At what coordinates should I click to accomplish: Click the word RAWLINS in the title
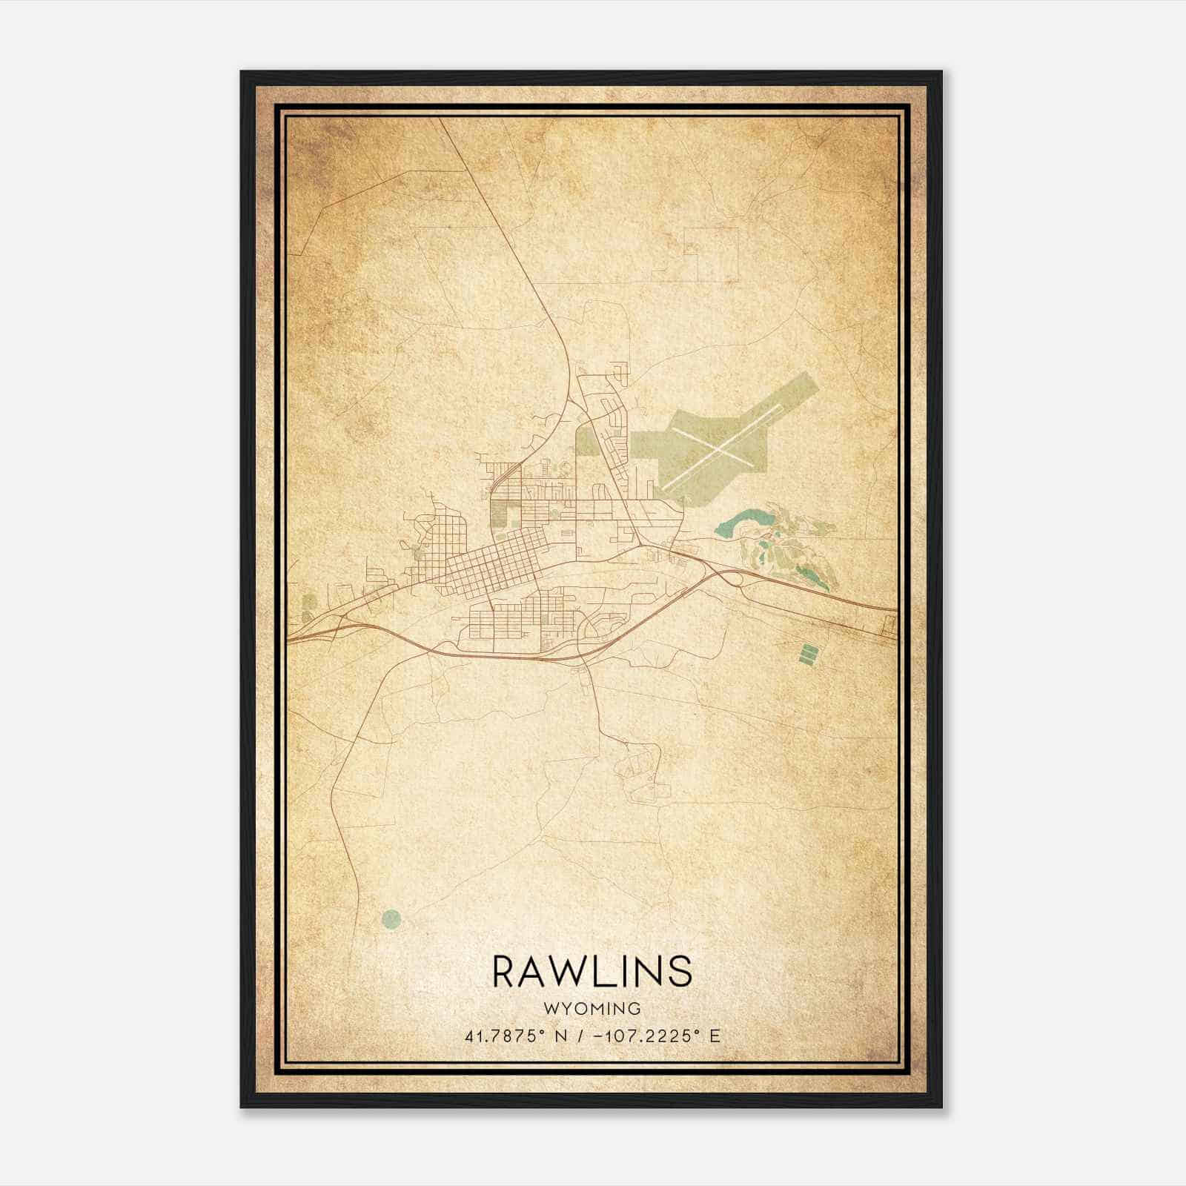592,971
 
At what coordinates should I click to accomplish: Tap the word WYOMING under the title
592,1008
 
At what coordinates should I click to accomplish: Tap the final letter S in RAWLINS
680,971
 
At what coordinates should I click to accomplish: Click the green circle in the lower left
391,920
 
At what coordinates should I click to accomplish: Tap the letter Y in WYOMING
563,1008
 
